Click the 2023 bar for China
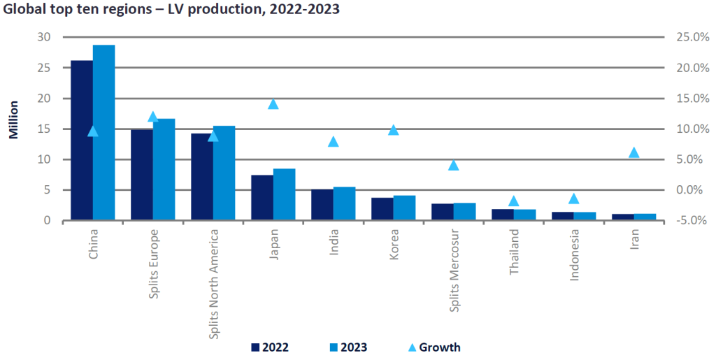(x=103, y=133)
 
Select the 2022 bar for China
(x=82, y=141)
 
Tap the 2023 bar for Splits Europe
(x=164, y=170)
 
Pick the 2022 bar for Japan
(x=262, y=198)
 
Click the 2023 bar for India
(x=344, y=203)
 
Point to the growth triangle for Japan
(x=273, y=104)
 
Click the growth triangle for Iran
(x=634, y=152)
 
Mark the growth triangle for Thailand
(x=514, y=201)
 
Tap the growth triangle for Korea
(x=394, y=130)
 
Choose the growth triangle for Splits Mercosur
(x=454, y=165)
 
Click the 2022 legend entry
(x=269, y=347)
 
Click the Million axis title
(x=13, y=119)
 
